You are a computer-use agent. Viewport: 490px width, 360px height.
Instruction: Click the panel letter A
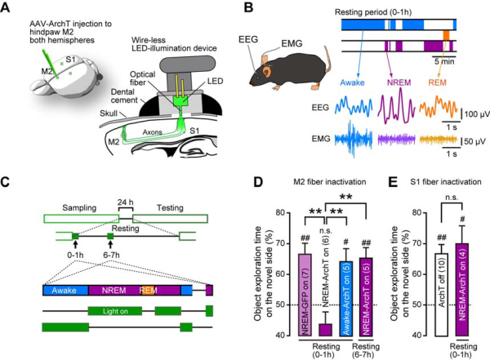pos(7,8)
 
